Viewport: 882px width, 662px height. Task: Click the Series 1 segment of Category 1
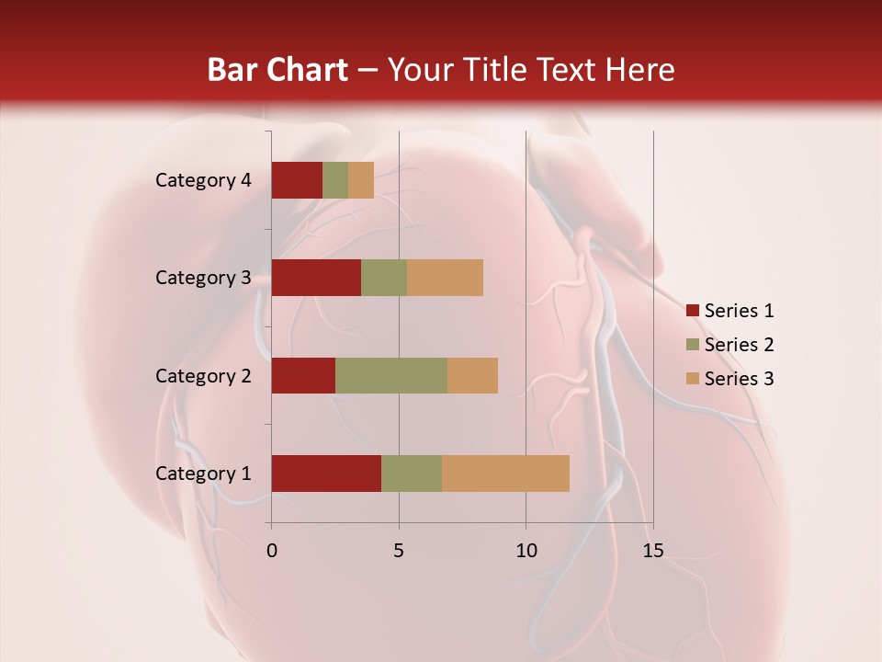coord(326,473)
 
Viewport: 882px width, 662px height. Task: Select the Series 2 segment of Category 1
coord(412,473)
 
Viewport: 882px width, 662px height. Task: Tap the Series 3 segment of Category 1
coord(505,473)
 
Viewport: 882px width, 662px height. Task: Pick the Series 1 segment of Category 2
coord(303,375)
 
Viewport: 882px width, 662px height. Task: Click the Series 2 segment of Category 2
coord(391,375)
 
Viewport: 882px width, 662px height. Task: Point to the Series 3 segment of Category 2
coord(472,375)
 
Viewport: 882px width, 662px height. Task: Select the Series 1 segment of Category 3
coord(316,278)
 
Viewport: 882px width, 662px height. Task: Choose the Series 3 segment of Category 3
coord(445,278)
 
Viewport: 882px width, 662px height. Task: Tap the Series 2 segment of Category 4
coord(335,180)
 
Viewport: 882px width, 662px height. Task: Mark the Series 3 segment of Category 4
coord(361,180)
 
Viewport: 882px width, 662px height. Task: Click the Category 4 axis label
coord(203,180)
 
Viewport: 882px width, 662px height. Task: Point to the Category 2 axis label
coord(203,375)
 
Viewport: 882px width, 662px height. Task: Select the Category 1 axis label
coord(203,474)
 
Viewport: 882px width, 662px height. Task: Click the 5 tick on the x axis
coord(399,551)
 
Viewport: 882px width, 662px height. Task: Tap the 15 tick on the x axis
coord(653,551)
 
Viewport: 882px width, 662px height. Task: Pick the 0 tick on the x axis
coord(272,551)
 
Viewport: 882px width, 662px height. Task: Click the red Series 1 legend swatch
coord(692,311)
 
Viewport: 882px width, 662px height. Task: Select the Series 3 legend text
coord(739,379)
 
